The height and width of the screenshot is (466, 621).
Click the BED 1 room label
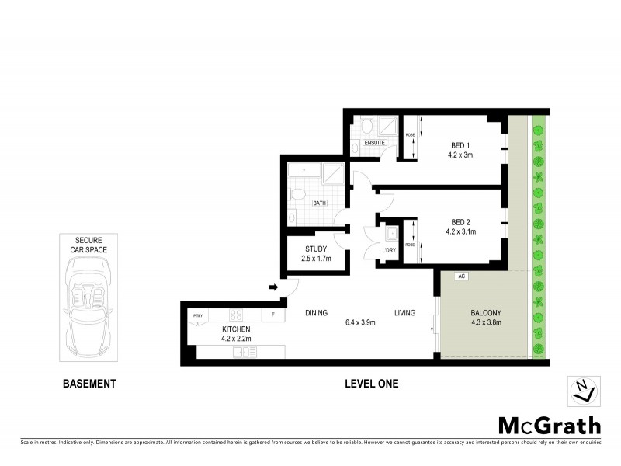460,145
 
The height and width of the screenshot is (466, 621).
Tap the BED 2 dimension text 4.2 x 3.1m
460,231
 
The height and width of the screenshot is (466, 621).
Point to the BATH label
319,203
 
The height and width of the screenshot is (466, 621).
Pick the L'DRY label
390,250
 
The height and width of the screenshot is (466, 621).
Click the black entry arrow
273,287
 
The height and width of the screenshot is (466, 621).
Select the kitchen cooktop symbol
236,315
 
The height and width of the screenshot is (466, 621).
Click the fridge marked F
272,315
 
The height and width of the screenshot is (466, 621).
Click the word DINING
316,313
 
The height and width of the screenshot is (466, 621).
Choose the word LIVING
404,313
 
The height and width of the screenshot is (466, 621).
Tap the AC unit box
461,276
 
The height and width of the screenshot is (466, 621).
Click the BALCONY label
486,313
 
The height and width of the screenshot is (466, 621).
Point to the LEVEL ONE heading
372,384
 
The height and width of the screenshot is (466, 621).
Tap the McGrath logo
548,425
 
